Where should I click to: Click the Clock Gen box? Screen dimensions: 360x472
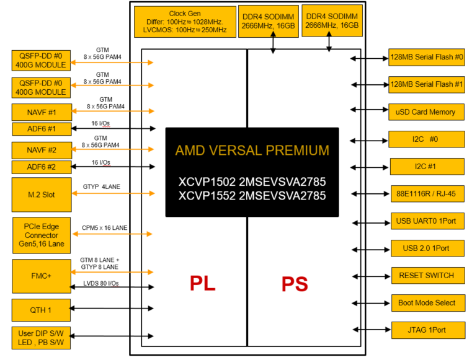click(185, 22)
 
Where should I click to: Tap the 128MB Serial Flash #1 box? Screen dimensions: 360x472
click(427, 85)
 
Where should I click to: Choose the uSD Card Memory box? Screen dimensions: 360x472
click(427, 112)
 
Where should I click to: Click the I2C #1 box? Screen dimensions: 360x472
click(427, 167)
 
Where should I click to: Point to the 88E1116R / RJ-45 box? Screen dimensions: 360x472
click(427, 194)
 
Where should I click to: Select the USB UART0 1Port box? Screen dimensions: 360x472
click(427, 221)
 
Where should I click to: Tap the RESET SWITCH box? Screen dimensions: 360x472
click(427, 276)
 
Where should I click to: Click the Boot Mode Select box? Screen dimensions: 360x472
click(427, 303)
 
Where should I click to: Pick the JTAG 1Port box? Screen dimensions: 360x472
click(427, 330)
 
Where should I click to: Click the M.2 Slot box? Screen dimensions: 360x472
click(42, 195)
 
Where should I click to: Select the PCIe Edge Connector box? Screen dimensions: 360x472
click(42, 235)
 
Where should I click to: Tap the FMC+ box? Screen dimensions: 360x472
click(42, 276)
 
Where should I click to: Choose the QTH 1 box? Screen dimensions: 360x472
click(42, 309)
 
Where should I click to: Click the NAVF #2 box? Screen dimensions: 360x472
click(42, 149)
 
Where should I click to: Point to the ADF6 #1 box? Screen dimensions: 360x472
click(42, 129)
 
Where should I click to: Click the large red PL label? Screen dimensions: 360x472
click(203, 283)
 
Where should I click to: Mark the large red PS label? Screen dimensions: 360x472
click(295, 283)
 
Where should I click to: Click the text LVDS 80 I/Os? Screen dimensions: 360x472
click(101, 283)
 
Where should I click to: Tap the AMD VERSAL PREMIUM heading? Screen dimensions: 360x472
click(252, 150)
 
